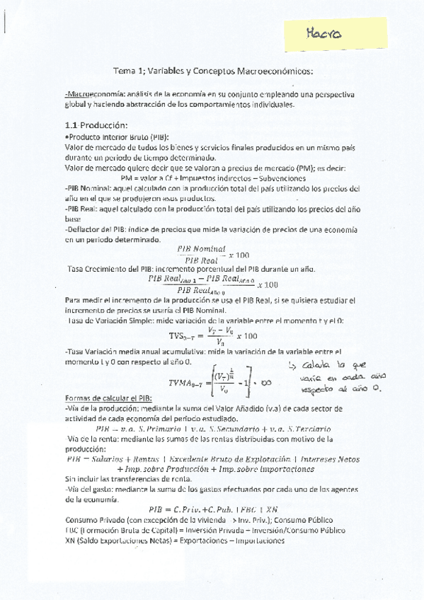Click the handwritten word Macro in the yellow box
pos(324,33)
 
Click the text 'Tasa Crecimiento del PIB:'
pos(113,269)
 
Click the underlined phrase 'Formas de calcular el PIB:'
pos(105,398)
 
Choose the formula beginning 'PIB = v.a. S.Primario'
pos(212,429)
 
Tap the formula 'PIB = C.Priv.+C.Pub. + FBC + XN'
pos(213,509)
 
